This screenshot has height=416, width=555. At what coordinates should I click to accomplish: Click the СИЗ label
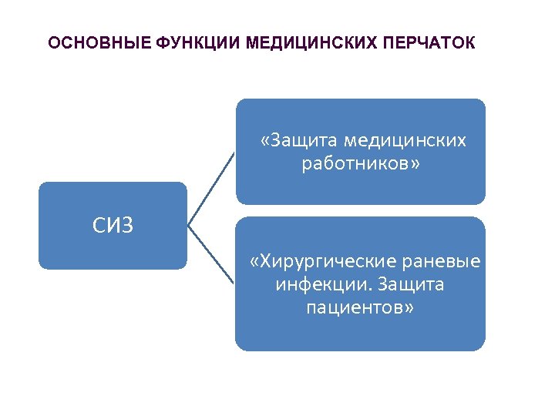point(113,225)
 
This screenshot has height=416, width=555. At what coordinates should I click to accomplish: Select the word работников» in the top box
point(362,163)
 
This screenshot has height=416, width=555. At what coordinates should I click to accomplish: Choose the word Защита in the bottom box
point(415,285)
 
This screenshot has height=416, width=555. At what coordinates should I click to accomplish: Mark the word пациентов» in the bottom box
point(360,308)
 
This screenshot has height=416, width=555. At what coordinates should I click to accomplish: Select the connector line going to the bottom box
point(211,256)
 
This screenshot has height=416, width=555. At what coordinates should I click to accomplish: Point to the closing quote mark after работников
point(417,164)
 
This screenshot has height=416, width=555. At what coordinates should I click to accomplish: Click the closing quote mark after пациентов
point(409,309)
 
